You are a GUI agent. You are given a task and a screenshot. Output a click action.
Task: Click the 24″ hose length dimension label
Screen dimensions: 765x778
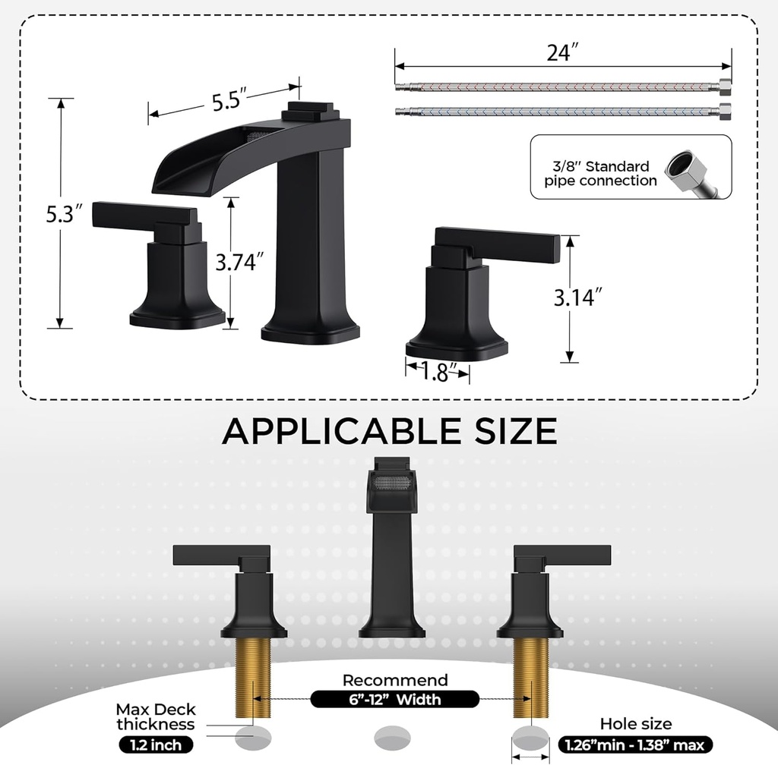[564, 54]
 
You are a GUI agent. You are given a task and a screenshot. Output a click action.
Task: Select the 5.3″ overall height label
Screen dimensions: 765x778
[63, 214]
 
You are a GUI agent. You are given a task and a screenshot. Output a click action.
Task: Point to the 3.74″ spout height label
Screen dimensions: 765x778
[239, 262]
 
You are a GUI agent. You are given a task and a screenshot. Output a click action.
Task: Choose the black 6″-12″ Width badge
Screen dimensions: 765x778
[394, 699]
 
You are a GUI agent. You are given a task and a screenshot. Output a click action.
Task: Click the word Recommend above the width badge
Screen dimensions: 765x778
[395, 680]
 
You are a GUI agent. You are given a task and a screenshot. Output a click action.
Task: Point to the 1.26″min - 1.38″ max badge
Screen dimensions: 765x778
[635, 745]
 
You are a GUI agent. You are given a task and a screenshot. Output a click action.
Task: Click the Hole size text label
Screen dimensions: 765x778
[636, 724]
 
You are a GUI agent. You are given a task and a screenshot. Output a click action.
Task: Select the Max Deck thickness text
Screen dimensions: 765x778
[155, 717]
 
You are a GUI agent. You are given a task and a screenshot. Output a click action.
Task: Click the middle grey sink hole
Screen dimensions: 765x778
[392, 735]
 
